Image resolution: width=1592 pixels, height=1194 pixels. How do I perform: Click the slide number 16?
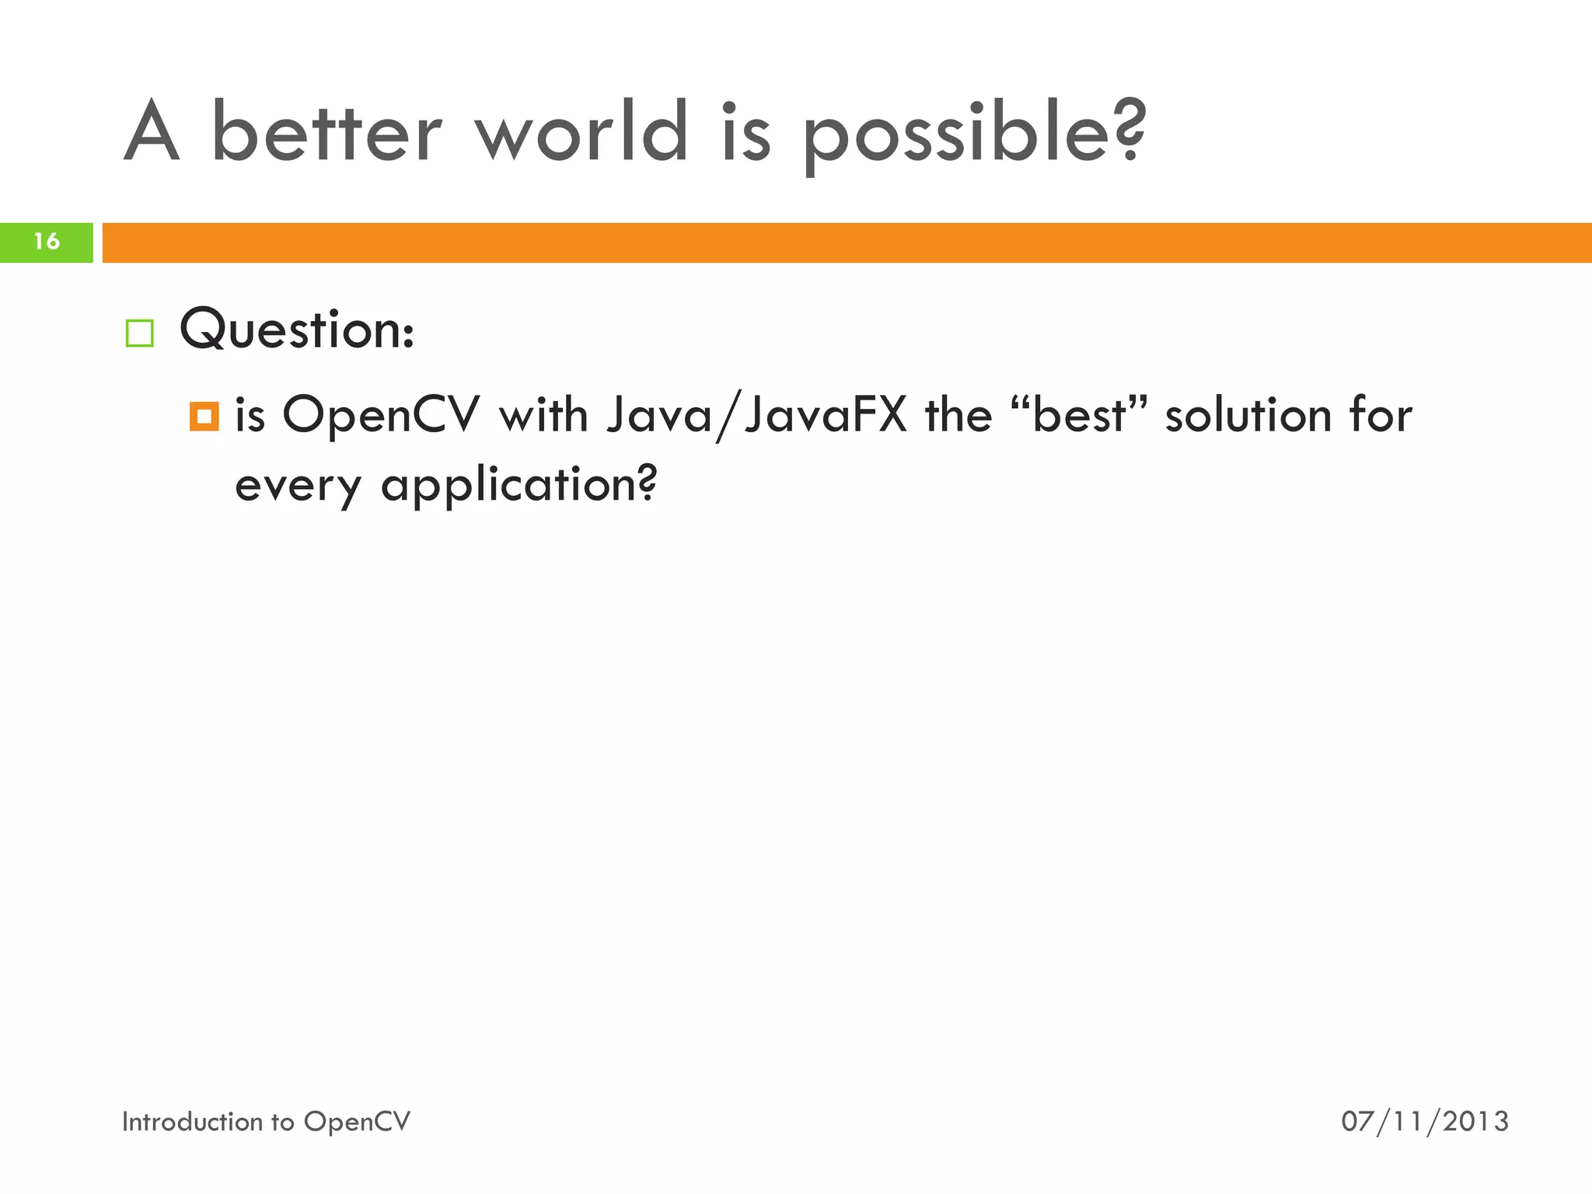(47, 242)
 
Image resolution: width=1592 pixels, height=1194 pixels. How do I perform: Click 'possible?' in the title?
(974, 134)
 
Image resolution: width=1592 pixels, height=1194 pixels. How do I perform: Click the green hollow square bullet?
(140, 333)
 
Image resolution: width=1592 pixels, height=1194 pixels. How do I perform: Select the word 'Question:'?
(297, 330)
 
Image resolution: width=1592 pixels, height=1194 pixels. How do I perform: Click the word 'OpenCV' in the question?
(381, 414)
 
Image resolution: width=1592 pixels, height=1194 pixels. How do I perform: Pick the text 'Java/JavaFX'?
(756, 414)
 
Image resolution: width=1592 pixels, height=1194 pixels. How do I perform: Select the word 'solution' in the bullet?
(1248, 414)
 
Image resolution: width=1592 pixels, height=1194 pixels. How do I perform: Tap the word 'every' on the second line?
(298, 486)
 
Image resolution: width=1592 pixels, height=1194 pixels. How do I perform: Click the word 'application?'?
(518, 486)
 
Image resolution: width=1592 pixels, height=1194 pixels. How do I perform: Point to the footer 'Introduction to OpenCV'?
(266, 1121)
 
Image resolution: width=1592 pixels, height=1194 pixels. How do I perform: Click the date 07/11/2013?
(1424, 1121)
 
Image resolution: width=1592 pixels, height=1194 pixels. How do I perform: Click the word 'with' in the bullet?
(543, 414)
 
